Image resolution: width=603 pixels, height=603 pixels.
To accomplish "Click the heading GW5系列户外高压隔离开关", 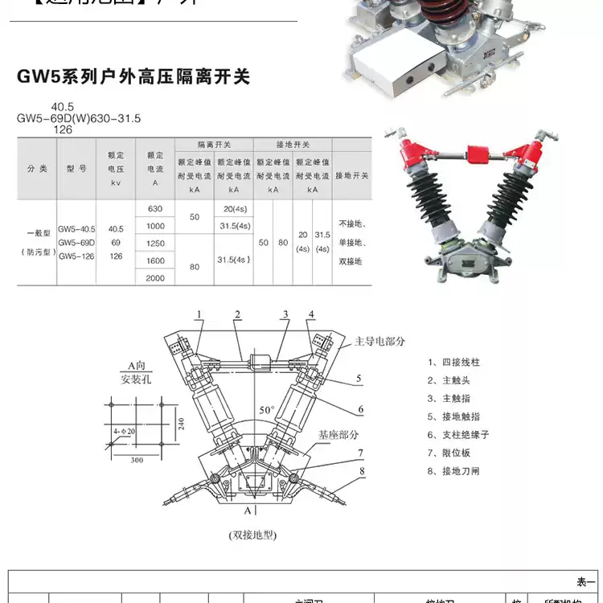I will (133, 77).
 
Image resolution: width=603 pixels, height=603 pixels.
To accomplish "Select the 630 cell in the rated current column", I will (155, 208).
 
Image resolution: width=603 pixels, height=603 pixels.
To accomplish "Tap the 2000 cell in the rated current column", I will (155, 277).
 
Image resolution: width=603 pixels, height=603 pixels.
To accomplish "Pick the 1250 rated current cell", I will (155, 243).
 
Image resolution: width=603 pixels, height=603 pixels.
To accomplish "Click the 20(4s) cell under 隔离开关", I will (233, 208).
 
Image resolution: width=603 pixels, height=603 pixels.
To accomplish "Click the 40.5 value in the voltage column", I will (116, 228).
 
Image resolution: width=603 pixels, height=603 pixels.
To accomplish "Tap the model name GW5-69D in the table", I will (76, 242).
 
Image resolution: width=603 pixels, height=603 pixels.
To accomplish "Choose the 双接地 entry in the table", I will (351, 261).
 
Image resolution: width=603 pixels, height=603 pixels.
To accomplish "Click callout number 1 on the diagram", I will (198, 314).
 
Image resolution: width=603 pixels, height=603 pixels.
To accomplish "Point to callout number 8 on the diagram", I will (363, 471).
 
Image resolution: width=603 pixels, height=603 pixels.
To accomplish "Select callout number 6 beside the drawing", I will (361, 409).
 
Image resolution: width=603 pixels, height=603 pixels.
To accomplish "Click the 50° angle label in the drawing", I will (267, 411).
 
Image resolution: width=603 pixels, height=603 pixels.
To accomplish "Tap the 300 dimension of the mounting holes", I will (137, 460).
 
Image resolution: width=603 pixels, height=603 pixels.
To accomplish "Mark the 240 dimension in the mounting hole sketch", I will (182, 424).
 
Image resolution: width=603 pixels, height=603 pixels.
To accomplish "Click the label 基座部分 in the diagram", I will (338, 434).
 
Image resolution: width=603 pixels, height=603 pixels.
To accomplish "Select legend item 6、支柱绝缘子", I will (458, 434).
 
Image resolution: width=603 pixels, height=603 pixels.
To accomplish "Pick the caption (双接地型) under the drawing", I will (252, 534).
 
